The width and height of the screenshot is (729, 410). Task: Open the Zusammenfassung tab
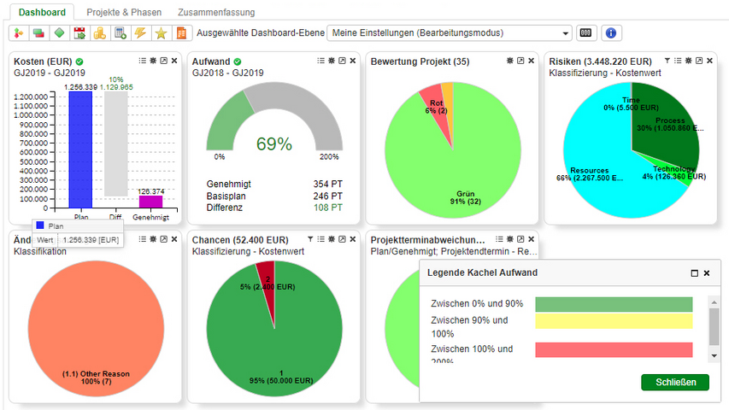[x=216, y=13]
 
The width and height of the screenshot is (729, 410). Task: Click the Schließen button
[x=674, y=382]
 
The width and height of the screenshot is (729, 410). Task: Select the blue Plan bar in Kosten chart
[x=81, y=149]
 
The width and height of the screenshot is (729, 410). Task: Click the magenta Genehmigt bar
[x=150, y=202]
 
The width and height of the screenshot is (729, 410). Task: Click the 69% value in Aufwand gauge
[x=274, y=144]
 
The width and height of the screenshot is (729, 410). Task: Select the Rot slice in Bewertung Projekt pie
[x=433, y=105]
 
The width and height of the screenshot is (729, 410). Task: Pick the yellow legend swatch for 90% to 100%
[x=613, y=320]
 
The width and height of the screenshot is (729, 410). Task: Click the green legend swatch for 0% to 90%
[x=613, y=304]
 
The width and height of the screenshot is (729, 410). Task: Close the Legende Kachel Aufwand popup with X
[x=707, y=273]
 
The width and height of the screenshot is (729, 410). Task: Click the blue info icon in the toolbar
[x=610, y=33]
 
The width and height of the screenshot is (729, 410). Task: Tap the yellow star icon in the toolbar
[x=160, y=33]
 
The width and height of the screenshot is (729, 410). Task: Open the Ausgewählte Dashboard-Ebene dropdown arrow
[x=566, y=33]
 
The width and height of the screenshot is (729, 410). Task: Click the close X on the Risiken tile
[x=709, y=61]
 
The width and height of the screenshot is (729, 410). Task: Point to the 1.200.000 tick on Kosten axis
[x=31, y=97]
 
